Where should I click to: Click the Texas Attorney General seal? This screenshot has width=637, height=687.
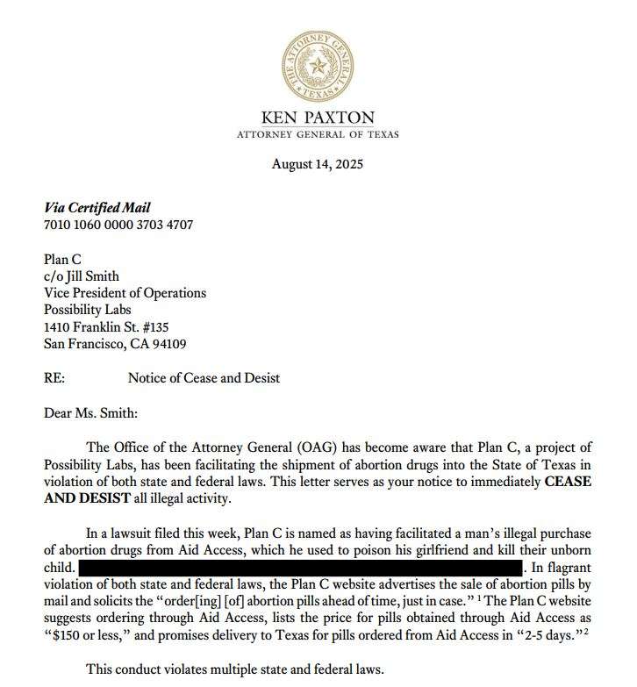point(318,65)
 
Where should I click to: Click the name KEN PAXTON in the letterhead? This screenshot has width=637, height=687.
point(318,118)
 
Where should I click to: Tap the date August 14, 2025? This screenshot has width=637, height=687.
point(318,164)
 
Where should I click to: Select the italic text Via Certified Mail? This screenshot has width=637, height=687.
point(97,208)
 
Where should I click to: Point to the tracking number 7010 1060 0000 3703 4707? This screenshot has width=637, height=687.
point(118,225)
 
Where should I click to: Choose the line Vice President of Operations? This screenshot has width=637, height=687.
point(125,293)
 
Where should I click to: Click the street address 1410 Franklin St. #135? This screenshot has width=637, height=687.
point(111,327)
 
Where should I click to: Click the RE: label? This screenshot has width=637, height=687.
point(54,378)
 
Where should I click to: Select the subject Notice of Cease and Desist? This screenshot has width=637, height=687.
point(204,378)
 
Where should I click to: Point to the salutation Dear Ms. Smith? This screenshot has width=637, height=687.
point(90,412)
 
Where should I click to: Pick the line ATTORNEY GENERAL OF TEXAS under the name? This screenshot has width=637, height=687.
point(318,134)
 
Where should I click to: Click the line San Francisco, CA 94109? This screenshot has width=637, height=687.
point(115,344)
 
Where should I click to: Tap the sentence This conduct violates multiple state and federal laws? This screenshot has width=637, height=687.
point(235,669)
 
